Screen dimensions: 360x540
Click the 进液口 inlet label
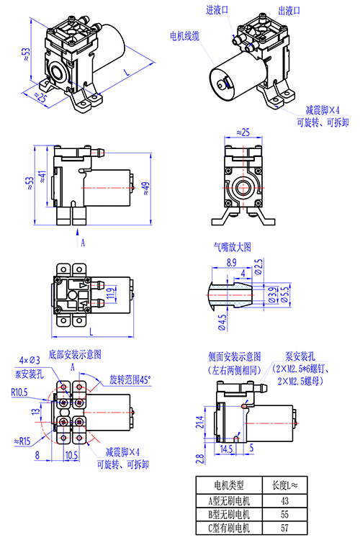217,10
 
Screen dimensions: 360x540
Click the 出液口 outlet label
289,11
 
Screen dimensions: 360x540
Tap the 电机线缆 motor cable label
184,36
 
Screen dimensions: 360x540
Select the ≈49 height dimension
145,189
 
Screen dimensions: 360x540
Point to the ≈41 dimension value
42,176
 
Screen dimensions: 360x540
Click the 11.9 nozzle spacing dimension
110,294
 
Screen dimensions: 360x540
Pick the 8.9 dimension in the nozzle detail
232,262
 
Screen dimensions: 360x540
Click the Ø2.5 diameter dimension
258,267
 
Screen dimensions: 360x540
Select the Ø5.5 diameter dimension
284,294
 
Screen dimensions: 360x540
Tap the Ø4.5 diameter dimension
222,323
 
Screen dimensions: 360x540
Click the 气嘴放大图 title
232,247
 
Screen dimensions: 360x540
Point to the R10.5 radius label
19,392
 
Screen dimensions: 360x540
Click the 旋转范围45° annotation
130,380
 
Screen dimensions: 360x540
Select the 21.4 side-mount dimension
200,422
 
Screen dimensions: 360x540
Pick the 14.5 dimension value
226,449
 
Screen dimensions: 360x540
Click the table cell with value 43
284,501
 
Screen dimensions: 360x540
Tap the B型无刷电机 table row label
229,515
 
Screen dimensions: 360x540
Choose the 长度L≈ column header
284,485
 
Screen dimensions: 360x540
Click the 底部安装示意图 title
75,354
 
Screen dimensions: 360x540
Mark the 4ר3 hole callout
30,360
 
